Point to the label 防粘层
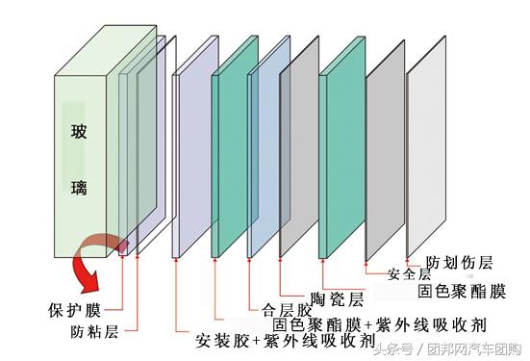94,331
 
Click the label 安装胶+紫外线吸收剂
285,341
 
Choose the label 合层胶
287,310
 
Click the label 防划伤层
460,262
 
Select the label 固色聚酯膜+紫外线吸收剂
364,324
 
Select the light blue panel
269,149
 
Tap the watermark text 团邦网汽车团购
471,348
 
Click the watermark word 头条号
393,348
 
